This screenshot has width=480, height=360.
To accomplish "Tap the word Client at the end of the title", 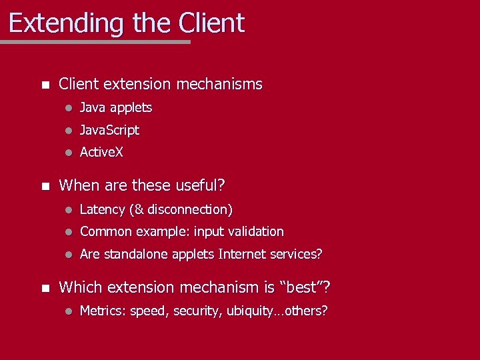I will pos(211,23).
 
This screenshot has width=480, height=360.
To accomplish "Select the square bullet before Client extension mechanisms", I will pos(45,85).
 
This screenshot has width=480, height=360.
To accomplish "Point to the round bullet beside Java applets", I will pos(67,108).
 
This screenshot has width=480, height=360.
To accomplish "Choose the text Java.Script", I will pos(109,130).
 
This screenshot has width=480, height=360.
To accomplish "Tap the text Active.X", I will pos(101,152).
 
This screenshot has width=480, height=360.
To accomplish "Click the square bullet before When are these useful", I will pos(45,185).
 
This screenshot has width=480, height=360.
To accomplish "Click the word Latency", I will pos(102,209).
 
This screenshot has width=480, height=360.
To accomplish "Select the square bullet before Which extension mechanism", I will pos(45,288).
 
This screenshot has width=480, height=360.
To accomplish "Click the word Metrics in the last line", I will pos(102,311).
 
